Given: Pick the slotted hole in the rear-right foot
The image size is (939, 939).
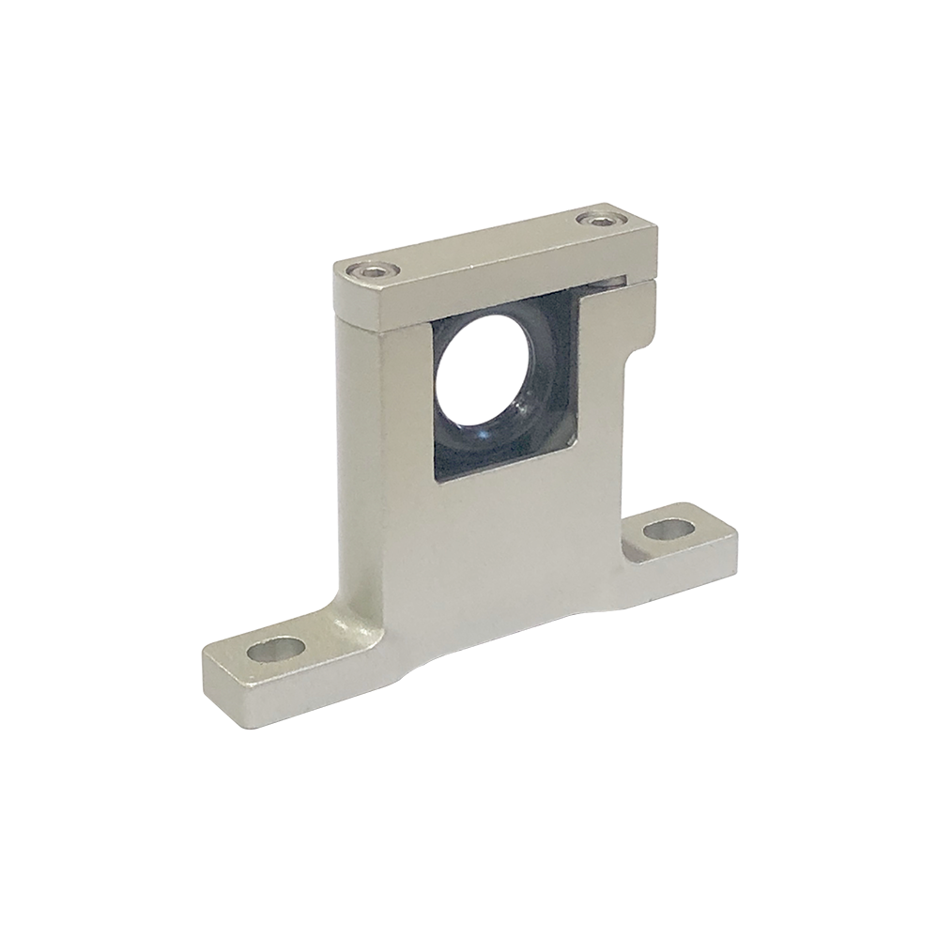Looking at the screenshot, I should point(667,529).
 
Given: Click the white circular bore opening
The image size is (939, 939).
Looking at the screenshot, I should point(483,365).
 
